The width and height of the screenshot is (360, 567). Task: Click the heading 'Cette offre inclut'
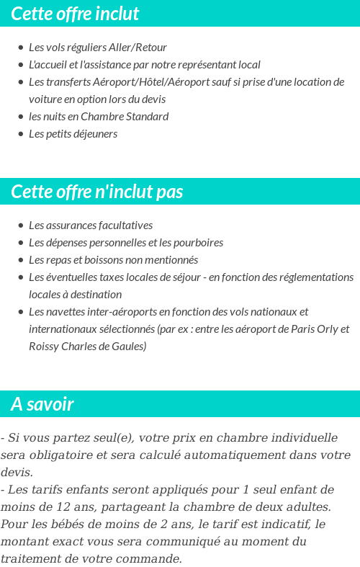pyautogui.click(x=75, y=14)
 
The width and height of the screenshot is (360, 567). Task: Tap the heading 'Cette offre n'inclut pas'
pyautogui.click(x=97, y=192)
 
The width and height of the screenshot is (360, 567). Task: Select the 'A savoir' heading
pyautogui.click(x=42, y=404)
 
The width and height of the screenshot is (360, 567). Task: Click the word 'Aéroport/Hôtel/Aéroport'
pyautogui.click(x=131, y=82)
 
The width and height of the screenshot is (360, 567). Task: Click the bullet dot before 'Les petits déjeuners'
pyautogui.click(x=20, y=135)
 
